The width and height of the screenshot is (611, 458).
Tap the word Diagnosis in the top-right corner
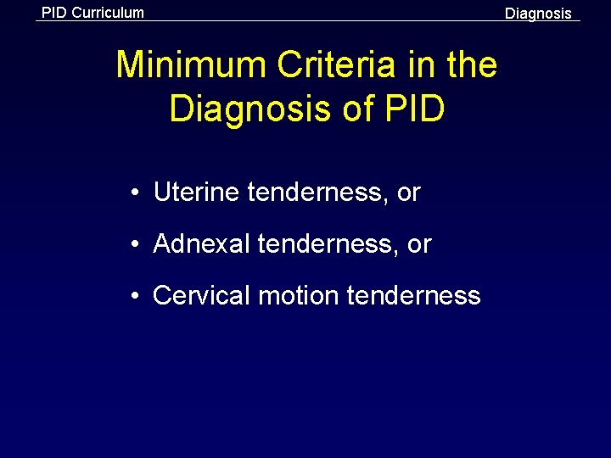[x=538, y=14]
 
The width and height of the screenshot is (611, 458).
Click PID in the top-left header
[x=54, y=13]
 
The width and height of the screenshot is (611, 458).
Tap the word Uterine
[x=197, y=193]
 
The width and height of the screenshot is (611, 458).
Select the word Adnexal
[x=202, y=244]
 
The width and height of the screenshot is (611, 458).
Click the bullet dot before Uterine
[x=135, y=193]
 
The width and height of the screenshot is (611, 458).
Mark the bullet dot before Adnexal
[x=135, y=245]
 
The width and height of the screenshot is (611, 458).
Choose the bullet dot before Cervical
[x=135, y=296]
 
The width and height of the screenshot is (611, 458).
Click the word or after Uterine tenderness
[x=408, y=193]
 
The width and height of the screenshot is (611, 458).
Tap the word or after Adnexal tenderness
[x=419, y=245]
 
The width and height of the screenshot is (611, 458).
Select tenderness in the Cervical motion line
[x=414, y=295]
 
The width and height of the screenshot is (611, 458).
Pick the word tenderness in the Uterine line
[x=318, y=193]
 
